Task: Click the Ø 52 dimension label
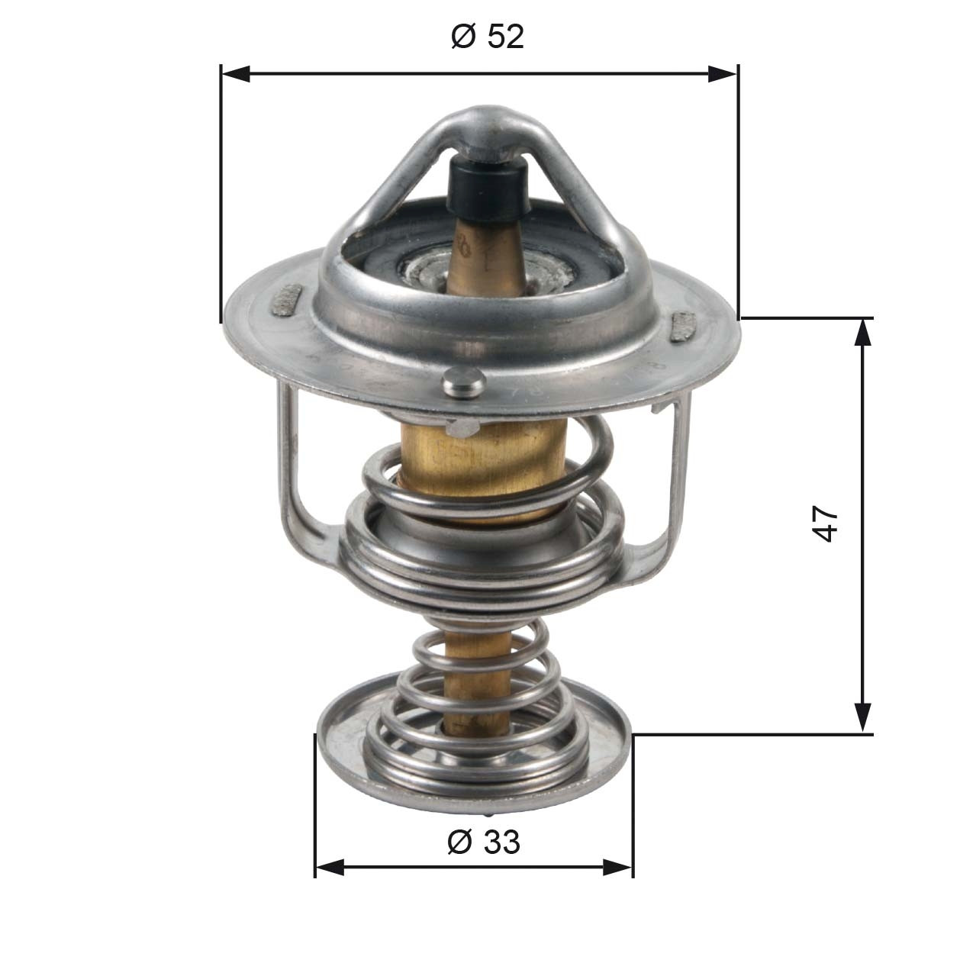point(488,36)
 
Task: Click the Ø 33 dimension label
point(483,842)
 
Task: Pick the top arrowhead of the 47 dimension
point(862,333)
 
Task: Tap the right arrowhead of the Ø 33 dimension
point(618,867)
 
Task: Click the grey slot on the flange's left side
point(288,298)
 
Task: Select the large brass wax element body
point(481,466)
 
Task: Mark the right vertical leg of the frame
point(677,473)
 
